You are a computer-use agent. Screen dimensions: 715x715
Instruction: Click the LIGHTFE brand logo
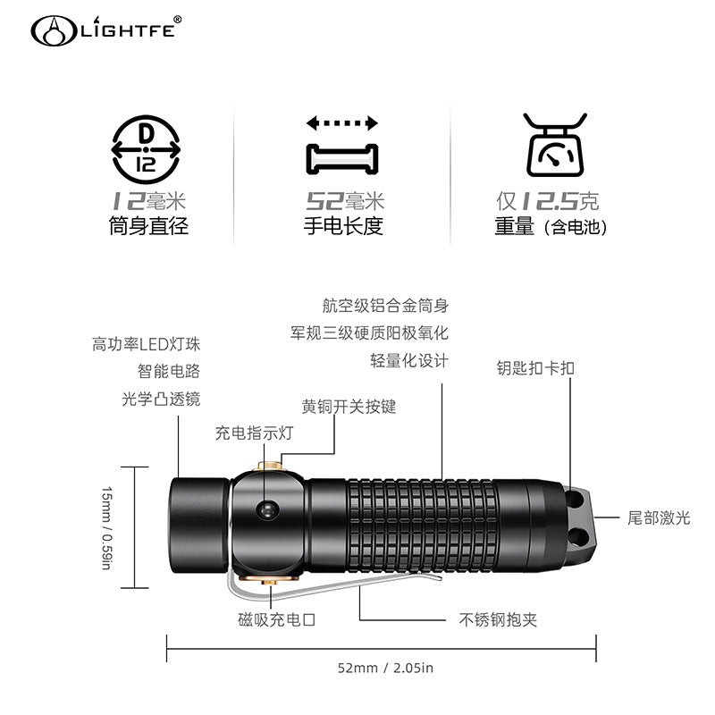(x=105, y=30)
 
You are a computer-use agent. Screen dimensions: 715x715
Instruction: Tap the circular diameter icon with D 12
(x=146, y=149)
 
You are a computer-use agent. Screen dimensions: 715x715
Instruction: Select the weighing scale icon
(x=555, y=145)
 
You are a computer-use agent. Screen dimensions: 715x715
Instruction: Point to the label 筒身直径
(x=148, y=226)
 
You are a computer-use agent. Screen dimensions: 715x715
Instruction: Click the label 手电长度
(x=343, y=226)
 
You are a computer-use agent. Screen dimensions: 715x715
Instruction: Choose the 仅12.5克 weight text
(x=548, y=201)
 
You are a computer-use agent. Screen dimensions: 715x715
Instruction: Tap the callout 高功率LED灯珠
(x=146, y=344)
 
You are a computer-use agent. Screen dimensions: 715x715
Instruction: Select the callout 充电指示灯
(x=254, y=433)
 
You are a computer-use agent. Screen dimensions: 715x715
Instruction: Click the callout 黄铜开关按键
(x=349, y=407)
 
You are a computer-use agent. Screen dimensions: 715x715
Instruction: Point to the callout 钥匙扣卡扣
(x=535, y=368)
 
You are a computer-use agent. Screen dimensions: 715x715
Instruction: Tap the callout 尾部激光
(x=659, y=518)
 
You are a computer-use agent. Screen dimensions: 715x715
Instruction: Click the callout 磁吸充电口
(x=277, y=619)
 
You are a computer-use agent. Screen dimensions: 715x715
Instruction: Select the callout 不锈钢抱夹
(x=498, y=619)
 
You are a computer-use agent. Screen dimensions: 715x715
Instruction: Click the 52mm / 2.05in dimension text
(x=385, y=668)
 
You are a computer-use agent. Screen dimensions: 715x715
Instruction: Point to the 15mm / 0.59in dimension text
(x=106, y=528)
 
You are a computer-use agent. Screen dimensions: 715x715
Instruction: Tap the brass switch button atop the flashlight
(x=270, y=466)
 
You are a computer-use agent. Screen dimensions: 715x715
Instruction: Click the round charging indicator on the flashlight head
(x=267, y=509)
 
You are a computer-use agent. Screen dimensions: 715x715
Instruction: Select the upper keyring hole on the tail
(x=575, y=500)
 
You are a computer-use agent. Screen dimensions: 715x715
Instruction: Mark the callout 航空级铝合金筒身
(x=385, y=306)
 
